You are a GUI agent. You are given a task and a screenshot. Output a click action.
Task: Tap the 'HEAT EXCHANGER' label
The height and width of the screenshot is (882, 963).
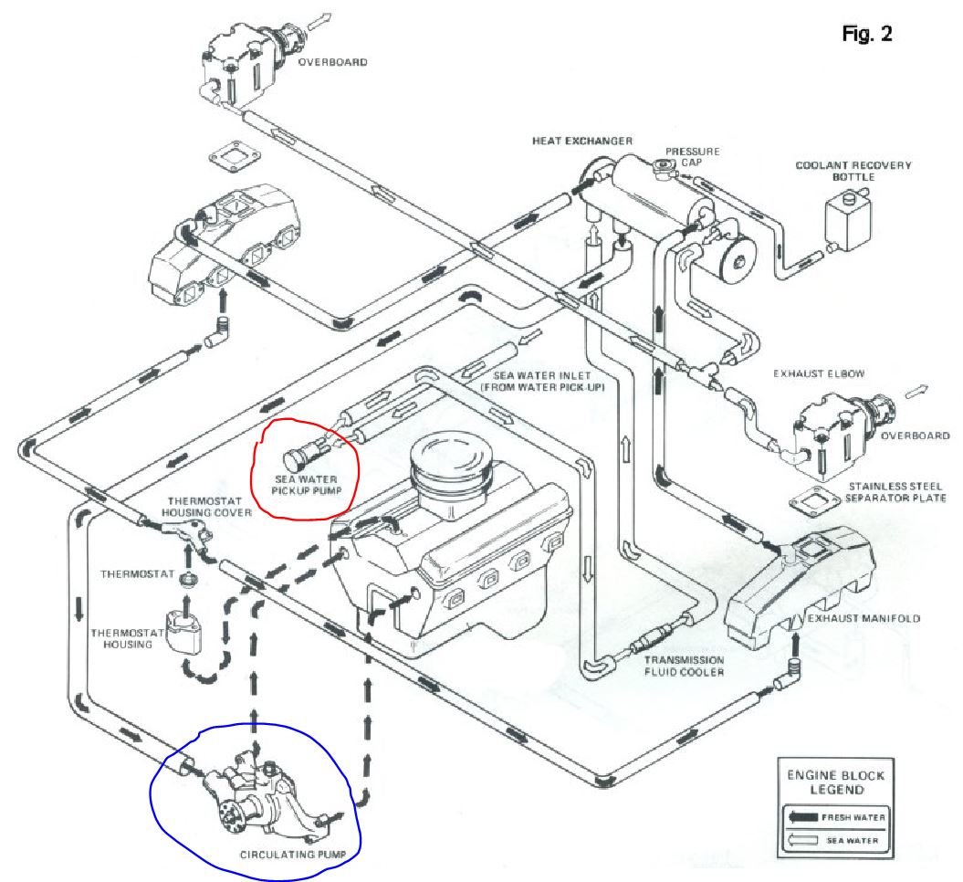coord(582,142)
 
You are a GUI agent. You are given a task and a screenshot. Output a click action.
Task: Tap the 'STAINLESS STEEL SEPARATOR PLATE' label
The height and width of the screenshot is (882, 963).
coord(895,492)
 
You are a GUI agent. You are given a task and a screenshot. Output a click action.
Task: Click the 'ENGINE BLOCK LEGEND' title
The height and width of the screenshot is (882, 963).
coord(824,782)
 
